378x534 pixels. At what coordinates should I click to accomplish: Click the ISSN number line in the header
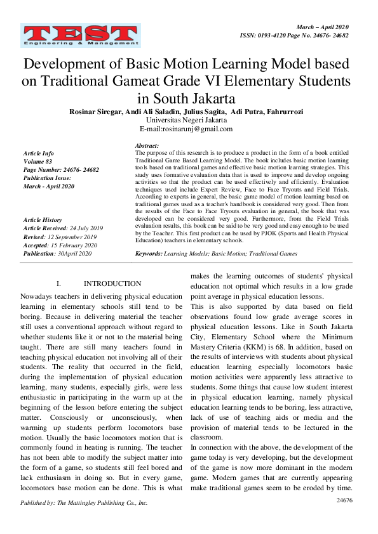click(x=295, y=36)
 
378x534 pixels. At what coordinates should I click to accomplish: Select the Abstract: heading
click(x=147, y=146)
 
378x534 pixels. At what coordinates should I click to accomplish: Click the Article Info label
click(x=38, y=153)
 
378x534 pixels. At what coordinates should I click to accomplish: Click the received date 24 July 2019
click(x=86, y=228)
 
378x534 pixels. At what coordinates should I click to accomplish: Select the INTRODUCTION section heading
click(x=112, y=283)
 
